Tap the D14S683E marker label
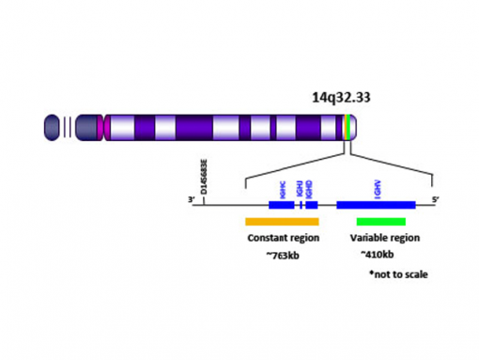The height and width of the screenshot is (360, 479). [205, 178]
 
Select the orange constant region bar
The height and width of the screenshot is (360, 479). [283, 222]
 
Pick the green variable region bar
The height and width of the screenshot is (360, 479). [380, 222]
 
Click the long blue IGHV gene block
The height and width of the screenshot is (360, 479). [376, 204]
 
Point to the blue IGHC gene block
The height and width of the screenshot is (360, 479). [281, 204]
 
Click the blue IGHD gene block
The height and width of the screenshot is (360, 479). [312, 204]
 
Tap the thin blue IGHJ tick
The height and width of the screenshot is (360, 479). [300, 204]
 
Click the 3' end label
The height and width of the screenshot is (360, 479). [191, 199]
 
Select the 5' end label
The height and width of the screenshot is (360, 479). [435, 199]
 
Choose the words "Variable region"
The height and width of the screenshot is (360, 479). [385, 238]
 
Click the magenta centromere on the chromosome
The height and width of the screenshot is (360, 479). [106, 127]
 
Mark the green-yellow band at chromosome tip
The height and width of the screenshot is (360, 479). [349, 127]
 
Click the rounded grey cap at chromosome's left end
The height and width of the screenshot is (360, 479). [53, 127]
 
